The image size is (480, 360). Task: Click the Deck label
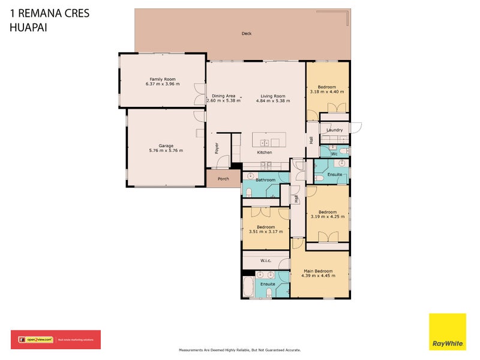(246, 34)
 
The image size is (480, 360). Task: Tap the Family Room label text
(162, 79)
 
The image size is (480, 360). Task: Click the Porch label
(223, 178)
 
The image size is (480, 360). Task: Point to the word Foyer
(217, 147)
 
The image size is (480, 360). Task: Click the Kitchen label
(265, 152)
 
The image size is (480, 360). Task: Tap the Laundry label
(334, 130)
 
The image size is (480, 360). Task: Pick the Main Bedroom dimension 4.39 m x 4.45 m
(318, 276)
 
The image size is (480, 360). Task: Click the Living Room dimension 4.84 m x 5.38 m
(272, 101)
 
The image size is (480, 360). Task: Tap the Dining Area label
(223, 96)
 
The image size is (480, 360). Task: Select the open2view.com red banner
(56, 340)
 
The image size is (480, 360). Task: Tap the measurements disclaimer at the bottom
(240, 350)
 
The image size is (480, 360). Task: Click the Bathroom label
(265, 180)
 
